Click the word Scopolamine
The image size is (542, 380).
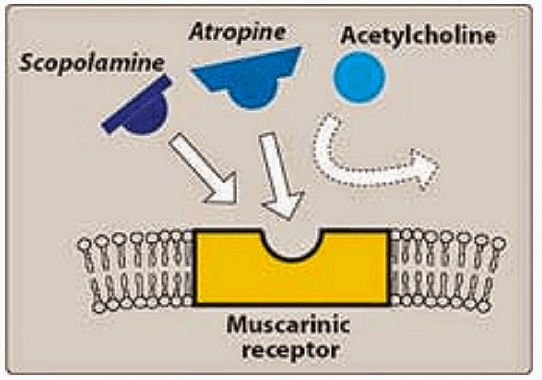click(92, 62)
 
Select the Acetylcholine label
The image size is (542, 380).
click(417, 36)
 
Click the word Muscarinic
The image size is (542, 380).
click(287, 325)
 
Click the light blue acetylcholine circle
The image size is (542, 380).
click(359, 77)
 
